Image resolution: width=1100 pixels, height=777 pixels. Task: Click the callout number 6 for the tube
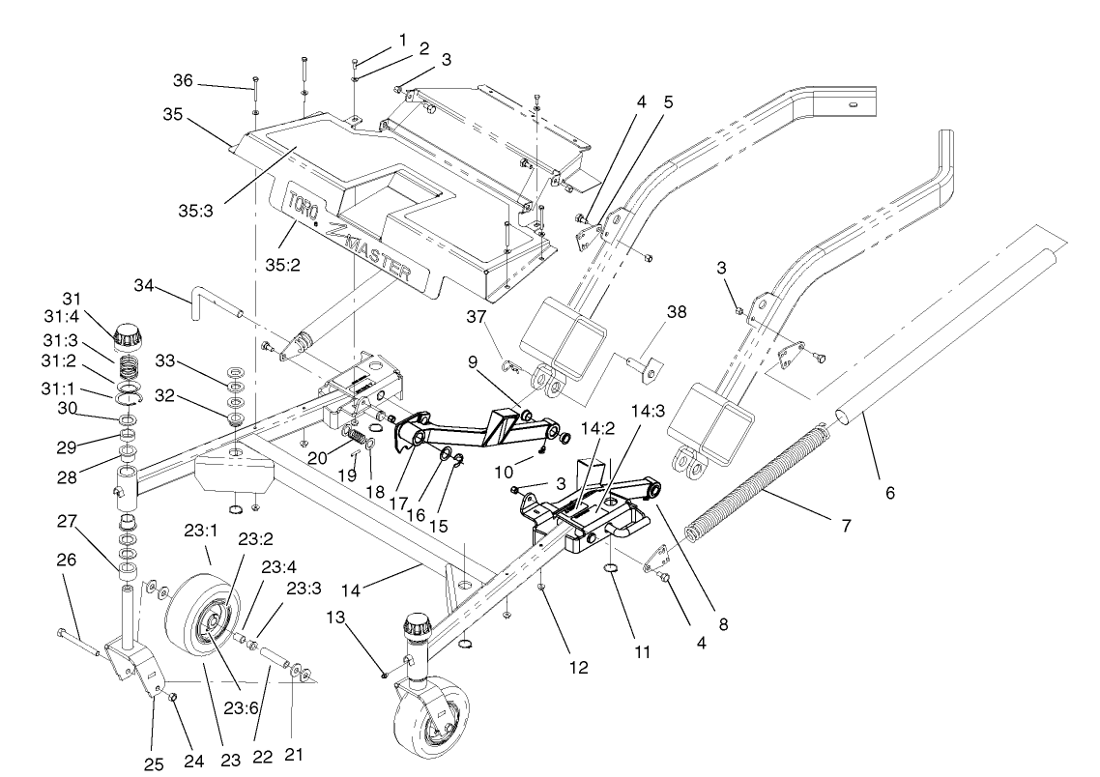click(890, 493)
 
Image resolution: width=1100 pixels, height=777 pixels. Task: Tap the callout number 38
click(676, 314)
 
